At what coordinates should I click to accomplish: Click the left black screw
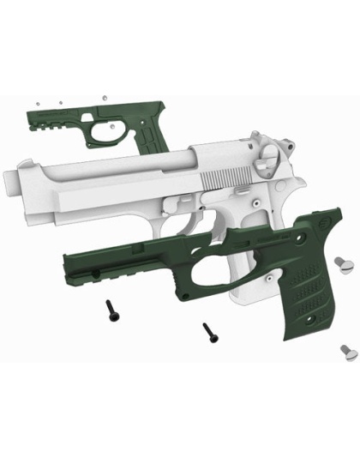coord(111,310)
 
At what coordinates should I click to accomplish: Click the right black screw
coord(207,330)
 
